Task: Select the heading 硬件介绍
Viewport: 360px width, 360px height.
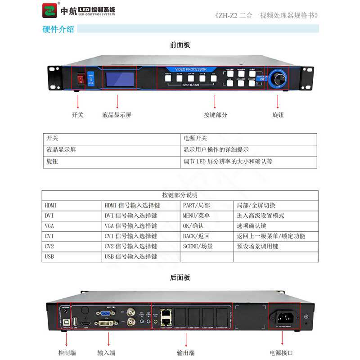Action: [x=58, y=29]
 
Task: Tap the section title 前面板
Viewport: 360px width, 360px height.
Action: [x=180, y=45]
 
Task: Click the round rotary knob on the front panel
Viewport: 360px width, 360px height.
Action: [x=279, y=78]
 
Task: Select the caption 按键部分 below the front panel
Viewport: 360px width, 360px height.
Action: [x=215, y=115]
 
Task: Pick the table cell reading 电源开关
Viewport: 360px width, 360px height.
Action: [x=195, y=139]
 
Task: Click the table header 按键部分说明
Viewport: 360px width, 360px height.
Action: [x=180, y=195]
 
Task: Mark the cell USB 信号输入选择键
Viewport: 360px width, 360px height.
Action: [x=130, y=256]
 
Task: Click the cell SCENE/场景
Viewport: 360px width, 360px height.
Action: [x=198, y=246]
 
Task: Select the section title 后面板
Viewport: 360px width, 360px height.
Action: [x=180, y=278]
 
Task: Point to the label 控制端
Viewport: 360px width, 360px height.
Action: [x=67, y=352]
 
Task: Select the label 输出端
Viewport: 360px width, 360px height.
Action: [x=186, y=352]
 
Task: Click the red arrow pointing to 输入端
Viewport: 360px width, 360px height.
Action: [x=106, y=337]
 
